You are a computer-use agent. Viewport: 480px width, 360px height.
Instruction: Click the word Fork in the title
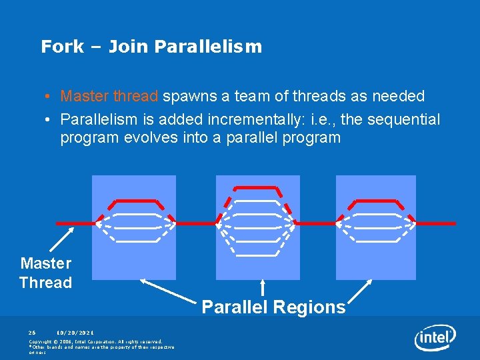coord(62,47)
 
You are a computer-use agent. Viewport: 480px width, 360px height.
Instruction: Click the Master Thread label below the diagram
coord(45,273)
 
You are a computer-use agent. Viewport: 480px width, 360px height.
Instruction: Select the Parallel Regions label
coord(273,307)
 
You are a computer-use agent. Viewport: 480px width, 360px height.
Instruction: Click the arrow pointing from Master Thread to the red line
coord(61,239)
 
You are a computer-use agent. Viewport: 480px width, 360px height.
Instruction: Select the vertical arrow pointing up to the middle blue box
coord(263,287)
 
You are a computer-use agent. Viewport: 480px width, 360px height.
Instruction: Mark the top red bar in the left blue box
coord(136,200)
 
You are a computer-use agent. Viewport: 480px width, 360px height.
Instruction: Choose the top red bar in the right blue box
coord(375,200)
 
